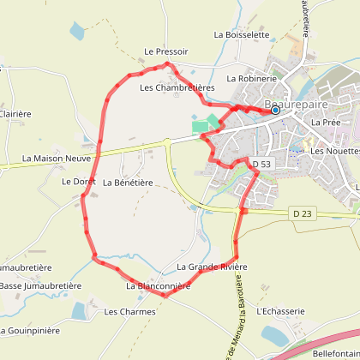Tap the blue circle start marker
pos(275,110)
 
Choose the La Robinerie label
pos(251,78)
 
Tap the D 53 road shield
pos(261,163)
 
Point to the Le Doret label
pos(77,182)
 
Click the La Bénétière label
pos(128,183)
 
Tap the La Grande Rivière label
pos(212,267)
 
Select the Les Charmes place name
pos(129,312)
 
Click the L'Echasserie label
pos(280,311)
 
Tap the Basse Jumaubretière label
pos(39,285)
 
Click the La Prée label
pos(327,123)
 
